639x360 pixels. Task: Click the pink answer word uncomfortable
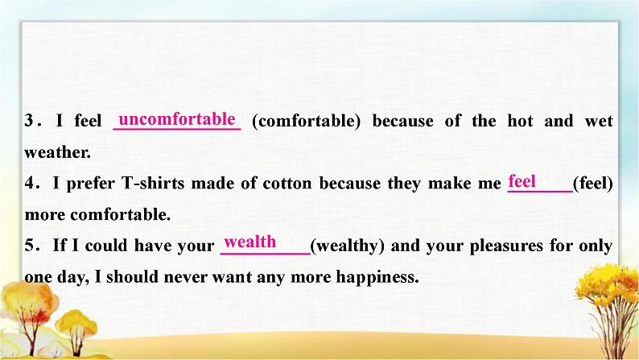tap(177, 119)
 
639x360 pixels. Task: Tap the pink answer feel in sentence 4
tap(522, 181)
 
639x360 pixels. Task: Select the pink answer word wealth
tap(249, 242)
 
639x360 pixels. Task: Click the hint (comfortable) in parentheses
tap(307, 121)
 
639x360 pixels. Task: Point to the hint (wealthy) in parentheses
tap(347, 246)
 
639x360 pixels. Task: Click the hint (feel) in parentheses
tap(593, 183)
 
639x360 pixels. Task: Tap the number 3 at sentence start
tap(29, 121)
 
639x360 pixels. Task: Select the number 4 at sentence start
tap(30, 183)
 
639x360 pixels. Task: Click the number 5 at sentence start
tap(29, 246)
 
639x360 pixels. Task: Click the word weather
tap(57, 152)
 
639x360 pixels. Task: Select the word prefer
tap(90, 184)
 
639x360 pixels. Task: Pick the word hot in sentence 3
tap(520, 121)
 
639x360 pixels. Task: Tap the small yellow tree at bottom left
tap(76, 331)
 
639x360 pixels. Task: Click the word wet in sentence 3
tap(599, 121)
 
